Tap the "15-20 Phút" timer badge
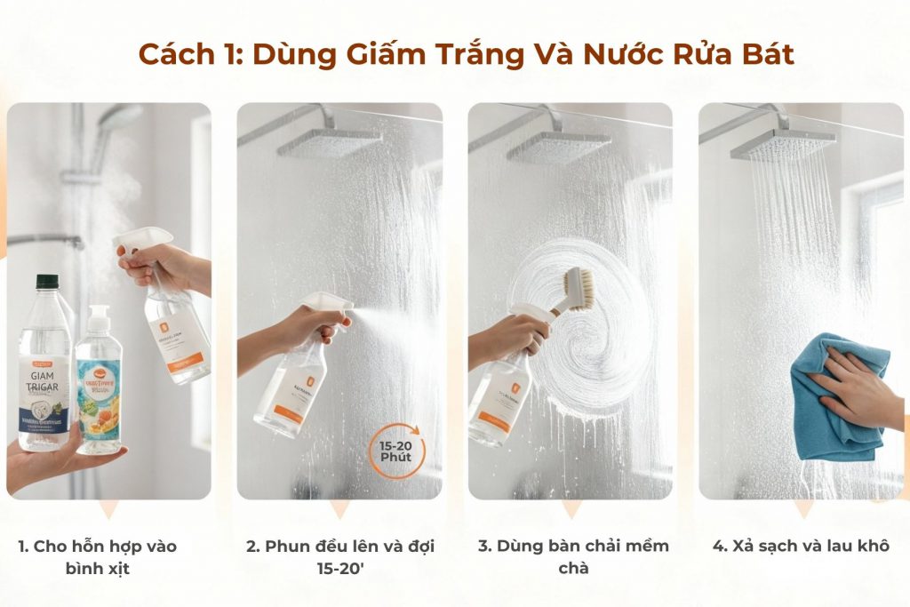[x=397, y=451]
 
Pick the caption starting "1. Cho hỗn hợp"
[x=99, y=556]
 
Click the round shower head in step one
[x=121, y=116]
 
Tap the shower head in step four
[x=782, y=143]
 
